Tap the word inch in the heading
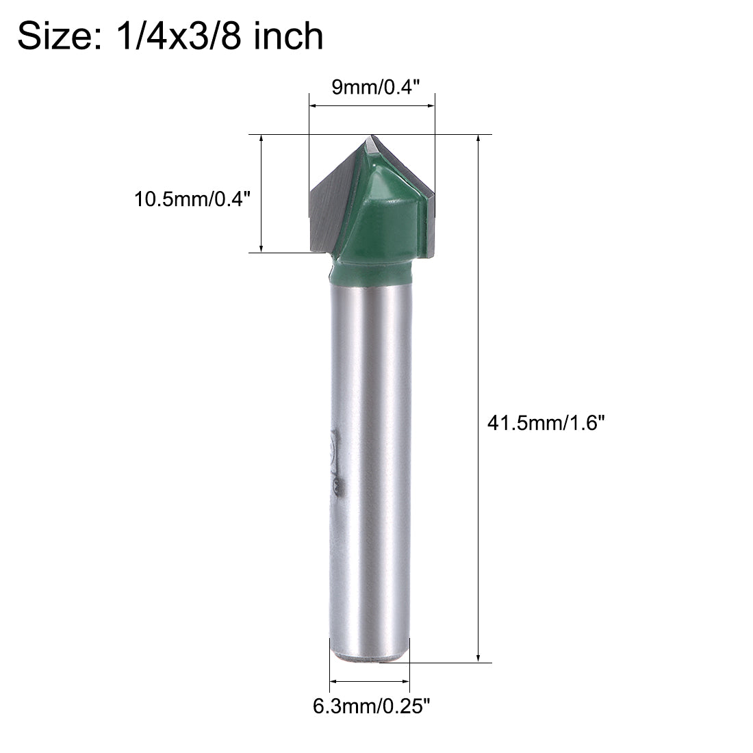tap(288, 36)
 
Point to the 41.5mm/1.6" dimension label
tap(546, 424)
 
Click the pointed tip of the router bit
tap(372, 138)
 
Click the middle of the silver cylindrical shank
tap(370, 465)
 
